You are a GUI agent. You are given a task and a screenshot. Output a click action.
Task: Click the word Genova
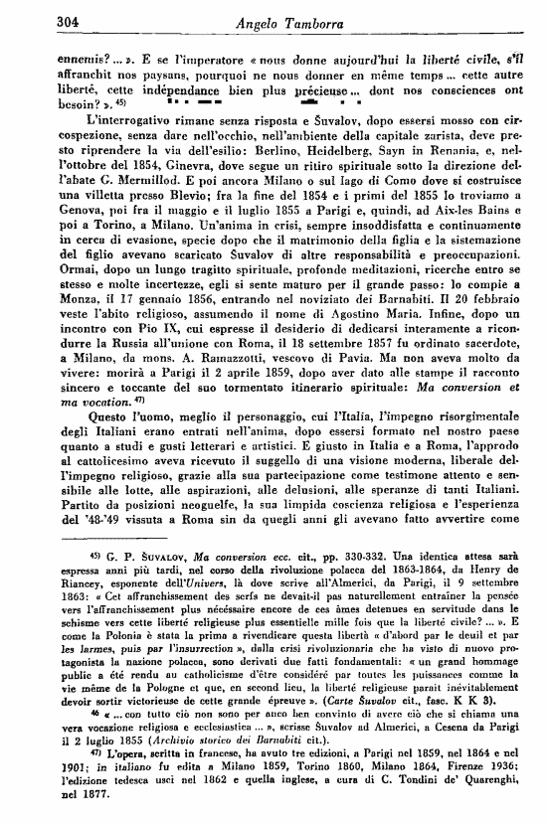58,239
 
